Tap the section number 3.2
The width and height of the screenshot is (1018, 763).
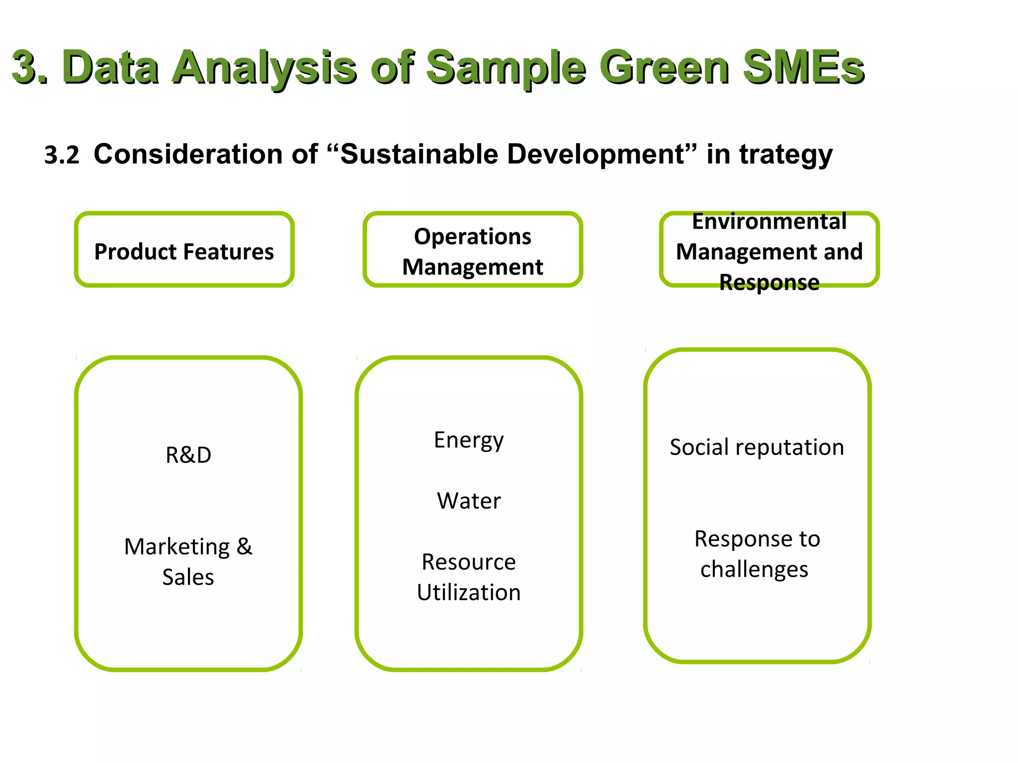tap(62, 155)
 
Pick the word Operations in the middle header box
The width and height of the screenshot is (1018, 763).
tap(472, 236)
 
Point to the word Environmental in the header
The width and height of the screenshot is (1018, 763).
tap(769, 222)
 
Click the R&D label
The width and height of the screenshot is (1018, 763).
tap(188, 455)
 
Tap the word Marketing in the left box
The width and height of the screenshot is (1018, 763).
tap(177, 547)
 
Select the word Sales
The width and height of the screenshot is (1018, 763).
tap(188, 577)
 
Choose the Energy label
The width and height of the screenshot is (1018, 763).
tap(469, 440)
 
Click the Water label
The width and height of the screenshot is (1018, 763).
tap(469, 501)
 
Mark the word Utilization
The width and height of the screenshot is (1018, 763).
tap(469, 593)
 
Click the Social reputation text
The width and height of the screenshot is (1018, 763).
tap(757, 447)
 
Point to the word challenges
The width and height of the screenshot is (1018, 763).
tap(754, 570)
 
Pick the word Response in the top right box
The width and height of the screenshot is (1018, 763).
tap(769, 283)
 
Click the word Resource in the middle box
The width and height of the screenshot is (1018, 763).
tap(469, 562)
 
